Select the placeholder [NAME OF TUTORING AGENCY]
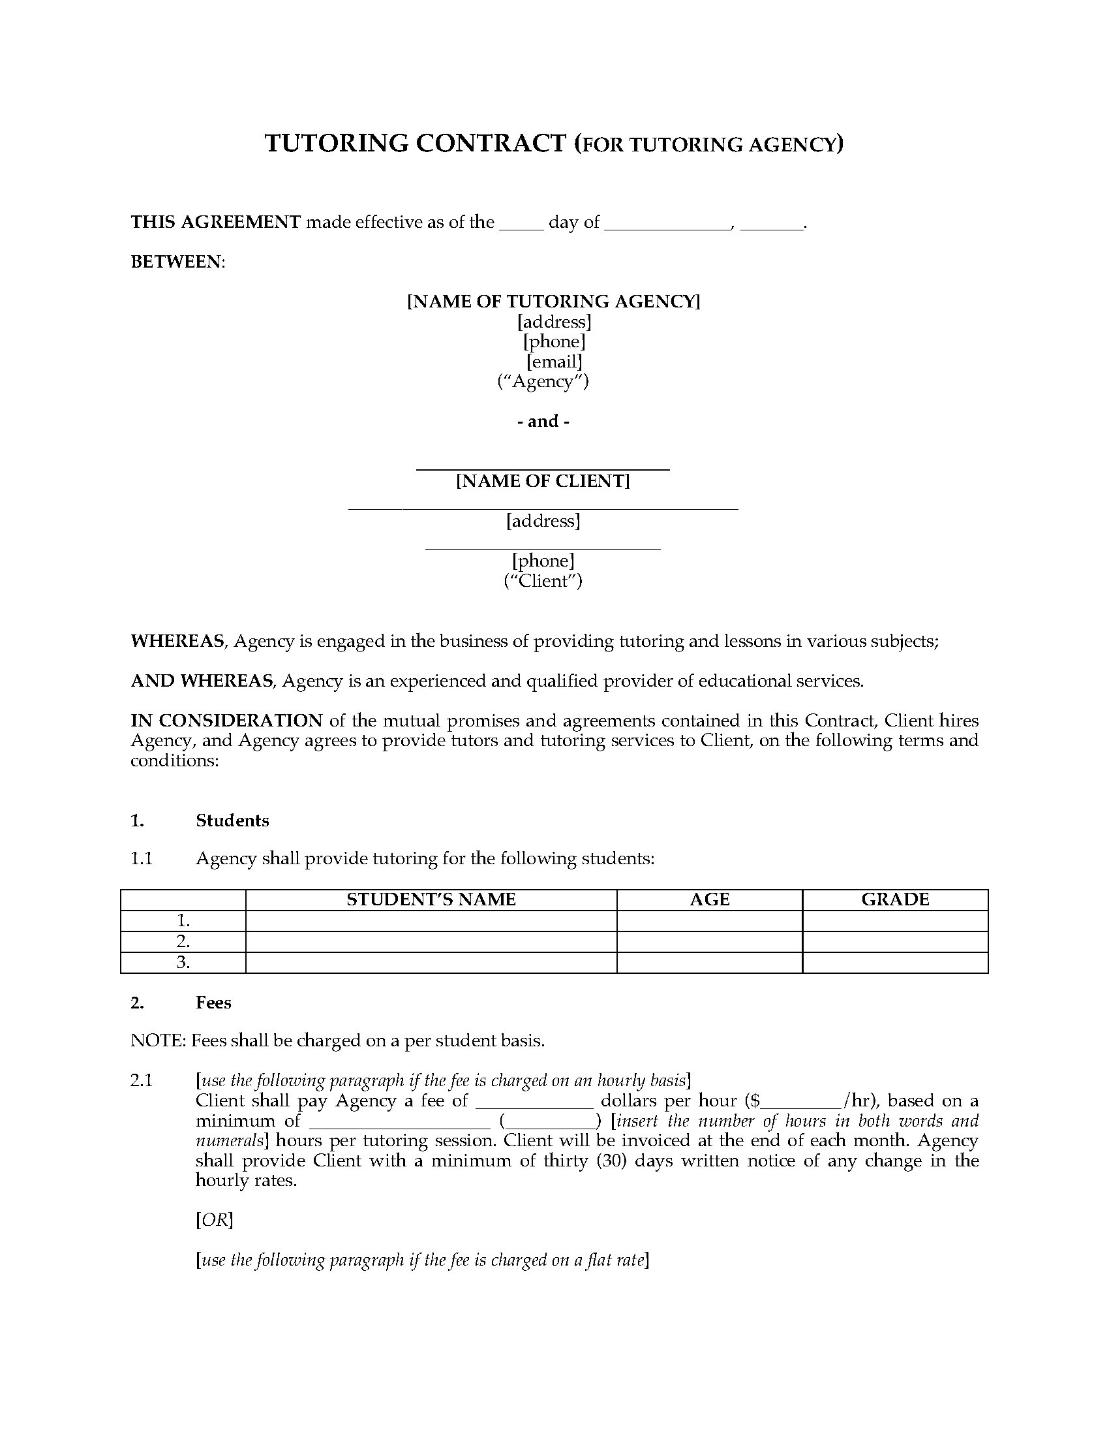tap(553, 301)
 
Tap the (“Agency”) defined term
tap(543, 381)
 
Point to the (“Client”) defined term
tap(543, 580)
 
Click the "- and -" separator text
tap(543, 421)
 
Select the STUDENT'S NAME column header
tap(431, 899)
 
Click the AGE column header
tap(710, 899)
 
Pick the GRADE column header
tap(895, 899)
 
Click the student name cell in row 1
tap(431, 920)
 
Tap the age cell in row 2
tap(710, 941)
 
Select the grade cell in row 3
tap(895, 963)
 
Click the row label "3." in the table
tap(183, 963)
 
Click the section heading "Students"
tap(232, 820)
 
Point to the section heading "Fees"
tap(213, 1003)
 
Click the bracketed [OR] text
tap(214, 1221)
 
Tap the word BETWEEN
tap(177, 262)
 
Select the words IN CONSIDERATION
tap(226, 721)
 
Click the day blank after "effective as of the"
tap(521, 223)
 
